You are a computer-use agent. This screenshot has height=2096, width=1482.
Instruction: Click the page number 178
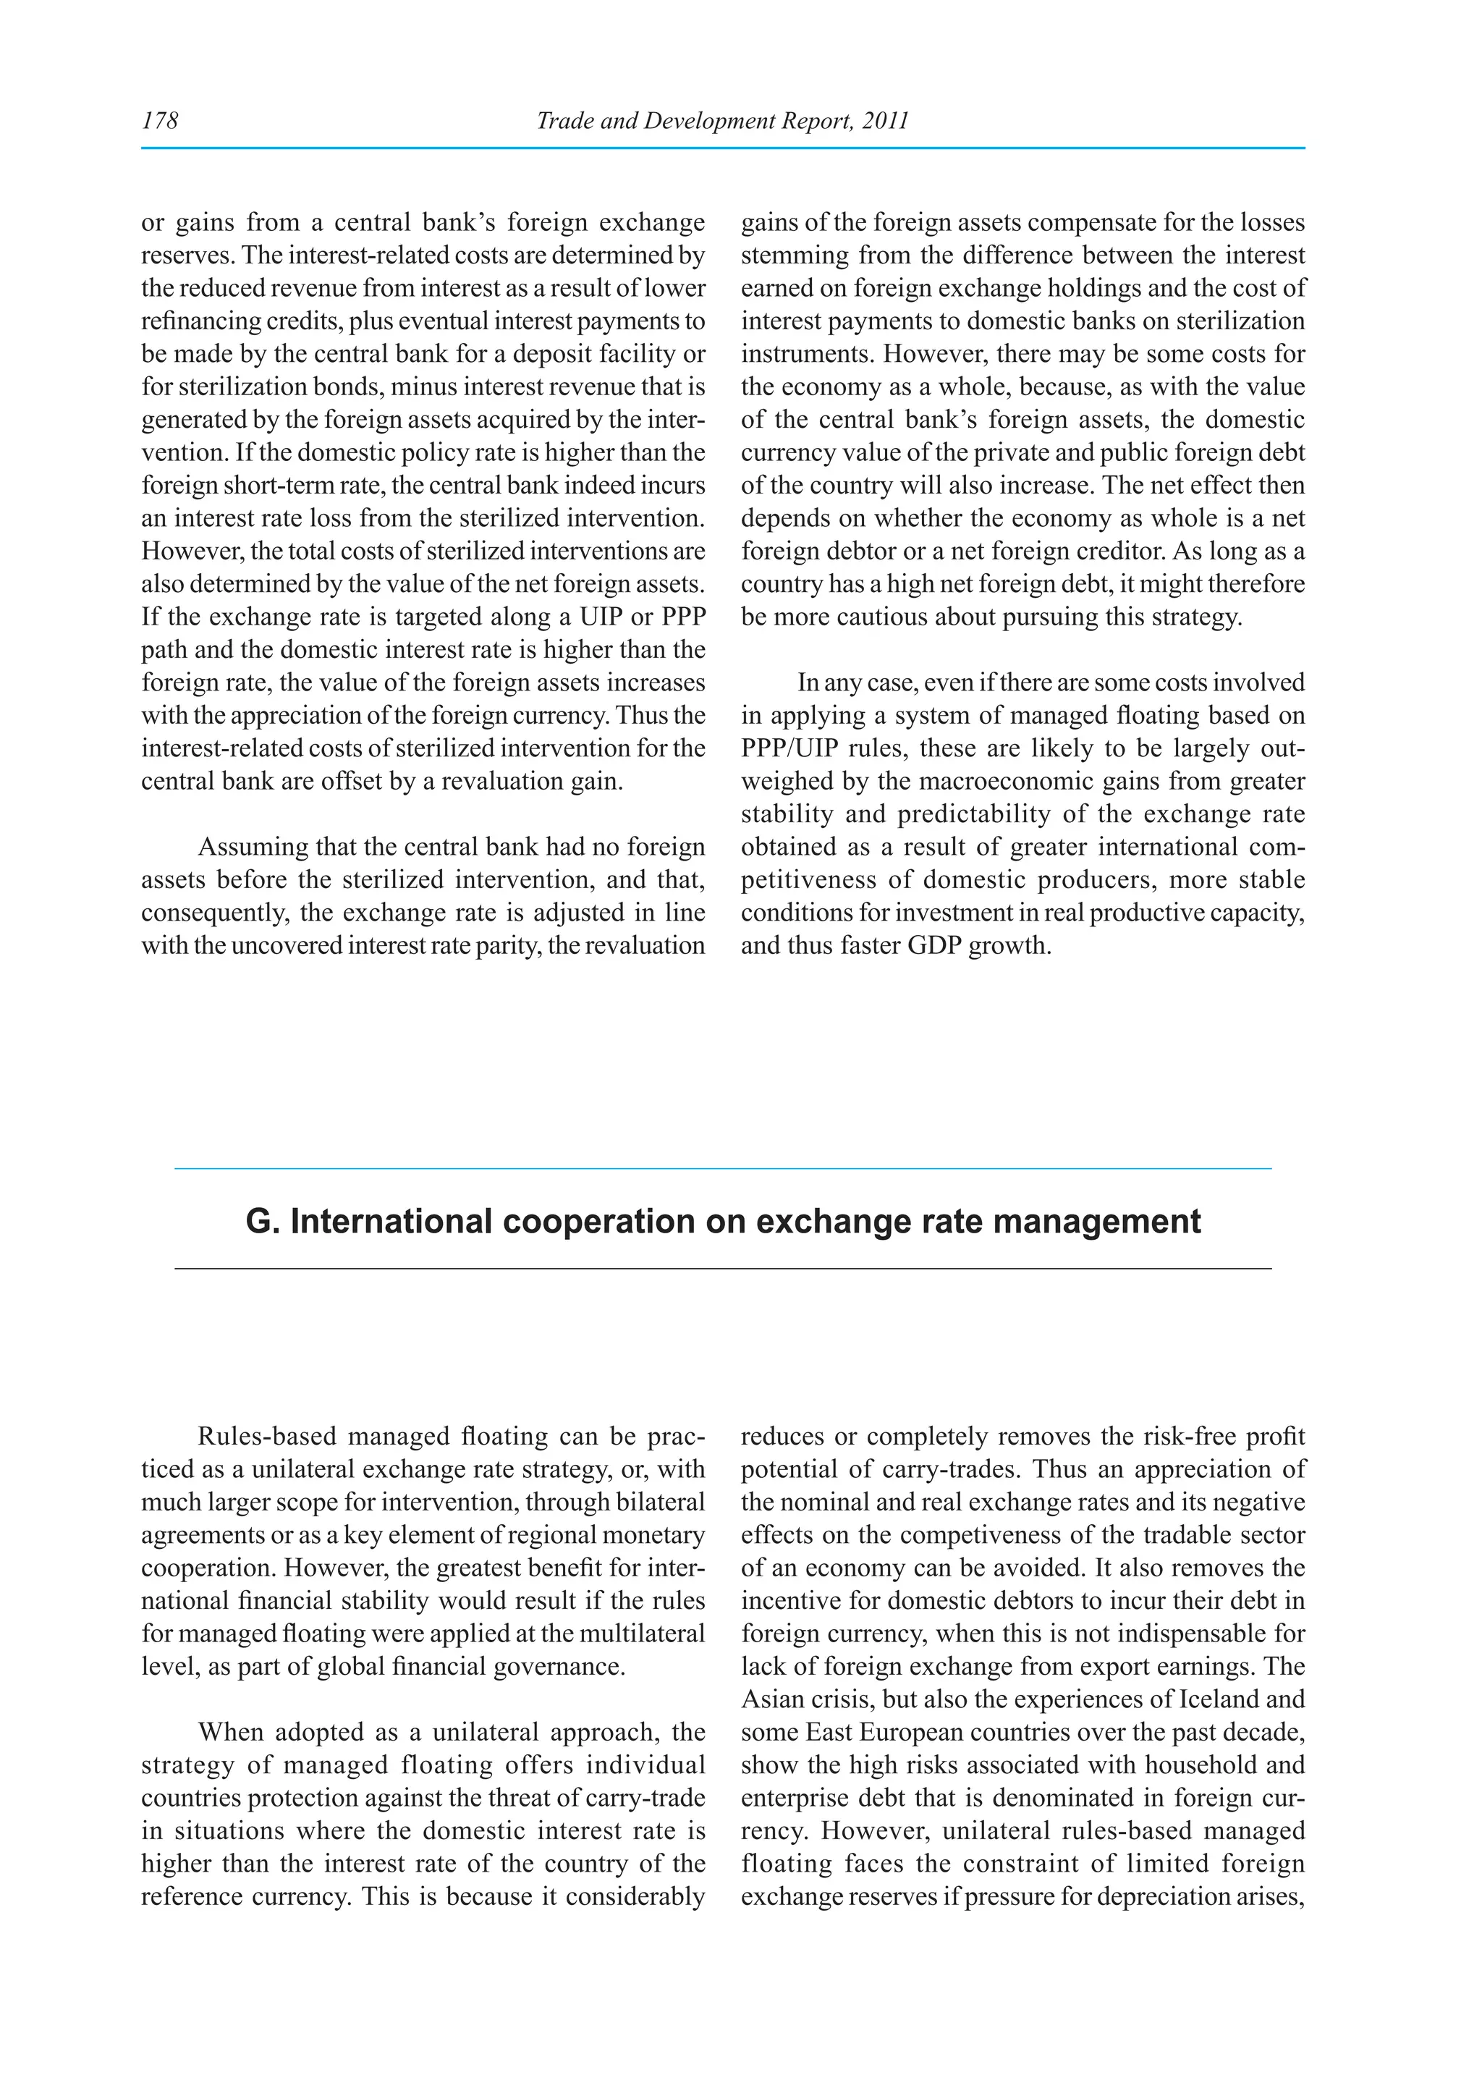tap(160, 120)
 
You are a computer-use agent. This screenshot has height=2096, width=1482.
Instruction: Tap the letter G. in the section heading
tap(262, 1222)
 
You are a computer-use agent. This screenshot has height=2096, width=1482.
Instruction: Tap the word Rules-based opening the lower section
tap(268, 1437)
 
